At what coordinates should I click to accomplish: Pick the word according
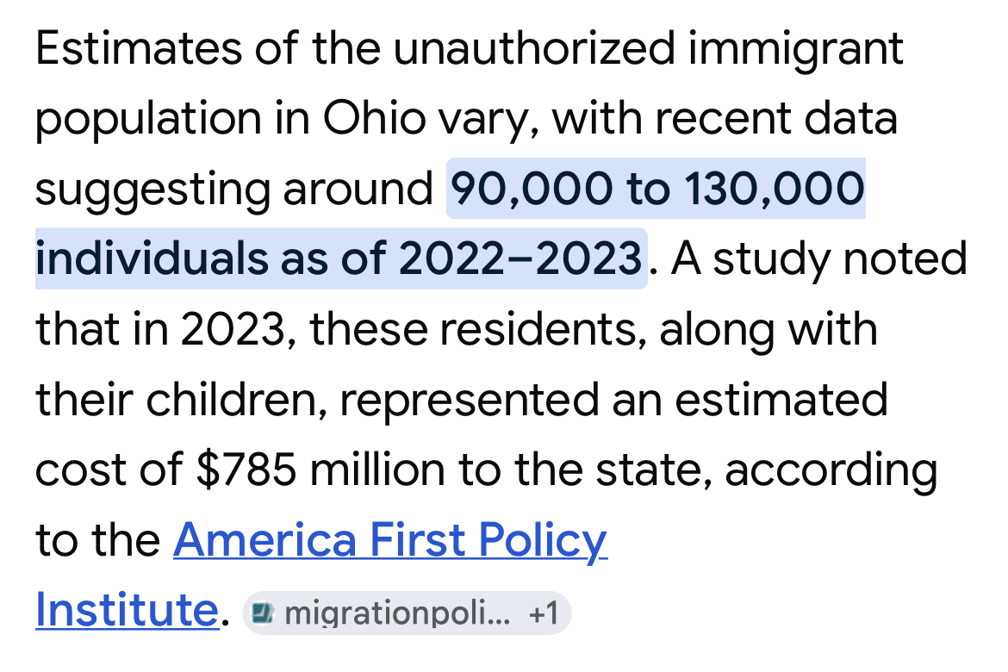pyautogui.click(x=831, y=470)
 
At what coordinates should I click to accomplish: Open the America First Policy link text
pyautogui.click(x=390, y=541)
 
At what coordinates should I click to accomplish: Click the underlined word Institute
pyautogui.click(x=127, y=610)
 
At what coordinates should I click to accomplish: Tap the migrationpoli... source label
pyautogui.click(x=396, y=613)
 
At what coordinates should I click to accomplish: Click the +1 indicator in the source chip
pyautogui.click(x=544, y=613)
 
